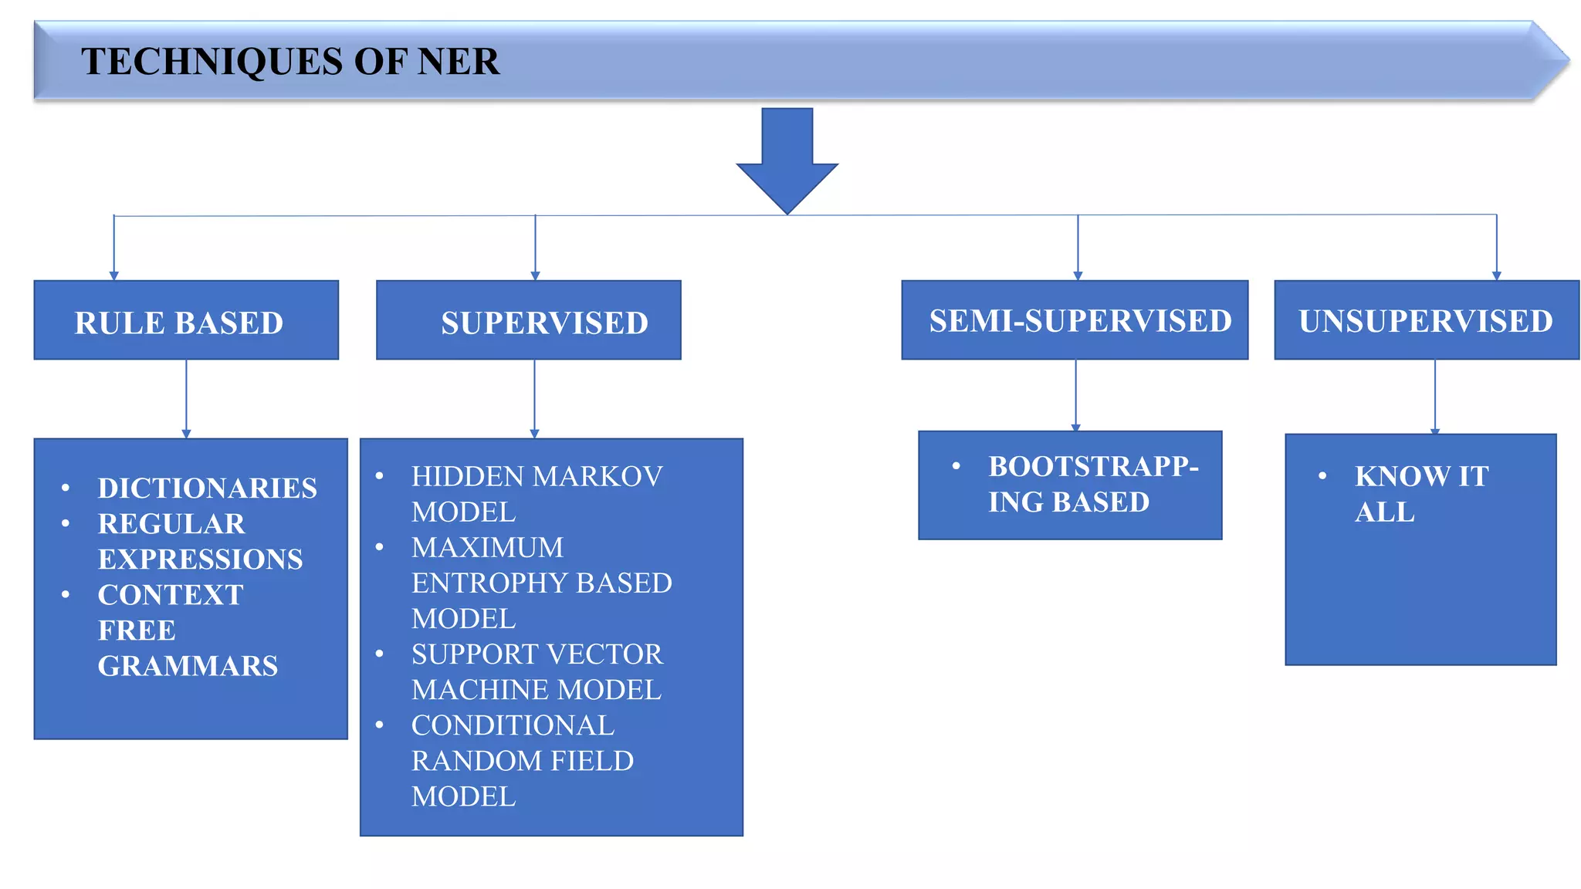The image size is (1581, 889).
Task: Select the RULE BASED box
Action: tap(186, 320)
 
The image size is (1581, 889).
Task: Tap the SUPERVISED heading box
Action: tap(529, 320)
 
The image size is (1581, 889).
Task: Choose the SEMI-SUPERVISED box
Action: tap(1075, 320)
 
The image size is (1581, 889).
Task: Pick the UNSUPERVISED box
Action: tap(1426, 320)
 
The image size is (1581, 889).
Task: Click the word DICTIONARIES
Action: tap(207, 488)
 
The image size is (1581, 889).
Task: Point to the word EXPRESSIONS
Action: tap(200, 559)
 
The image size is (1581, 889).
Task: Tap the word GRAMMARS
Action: tap(188, 666)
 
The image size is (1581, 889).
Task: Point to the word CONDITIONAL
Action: tap(513, 725)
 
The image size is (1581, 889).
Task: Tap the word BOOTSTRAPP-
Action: tap(1093, 467)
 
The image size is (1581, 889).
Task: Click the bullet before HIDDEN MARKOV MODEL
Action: tap(379, 476)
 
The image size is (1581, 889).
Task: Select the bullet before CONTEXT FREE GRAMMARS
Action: tap(66, 594)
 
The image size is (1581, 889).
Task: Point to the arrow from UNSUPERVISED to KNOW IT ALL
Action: tap(1435, 397)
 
